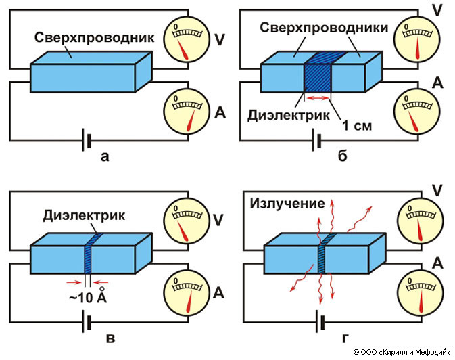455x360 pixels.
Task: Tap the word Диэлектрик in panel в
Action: pyautogui.click(x=84, y=217)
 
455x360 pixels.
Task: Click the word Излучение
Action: pyautogui.click(x=289, y=202)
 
